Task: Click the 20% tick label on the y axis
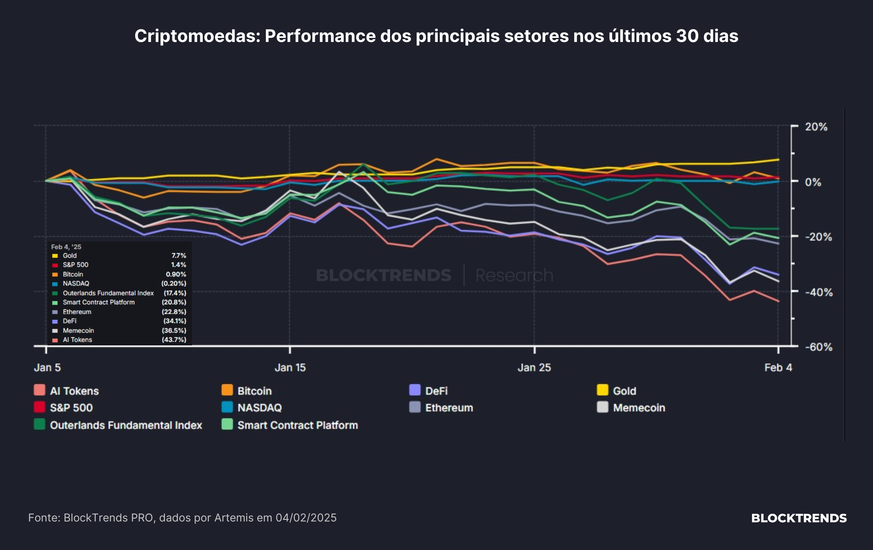point(816,127)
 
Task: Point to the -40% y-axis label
point(818,292)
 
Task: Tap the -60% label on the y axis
point(818,347)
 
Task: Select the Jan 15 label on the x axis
point(290,367)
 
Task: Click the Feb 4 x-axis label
point(778,367)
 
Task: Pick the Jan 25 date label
point(534,367)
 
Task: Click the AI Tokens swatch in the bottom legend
point(39,390)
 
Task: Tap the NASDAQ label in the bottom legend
point(260,408)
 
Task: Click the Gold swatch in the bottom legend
point(603,390)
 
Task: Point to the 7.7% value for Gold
point(179,255)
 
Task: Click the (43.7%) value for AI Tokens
point(174,340)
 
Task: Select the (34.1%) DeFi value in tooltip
point(175,321)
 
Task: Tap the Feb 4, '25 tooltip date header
point(66,247)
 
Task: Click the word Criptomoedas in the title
point(197,36)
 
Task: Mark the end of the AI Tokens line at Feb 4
point(779,301)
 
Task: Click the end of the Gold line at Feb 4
point(779,159)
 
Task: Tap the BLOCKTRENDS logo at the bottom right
point(799,518)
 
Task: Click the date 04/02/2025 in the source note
point(306,518)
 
